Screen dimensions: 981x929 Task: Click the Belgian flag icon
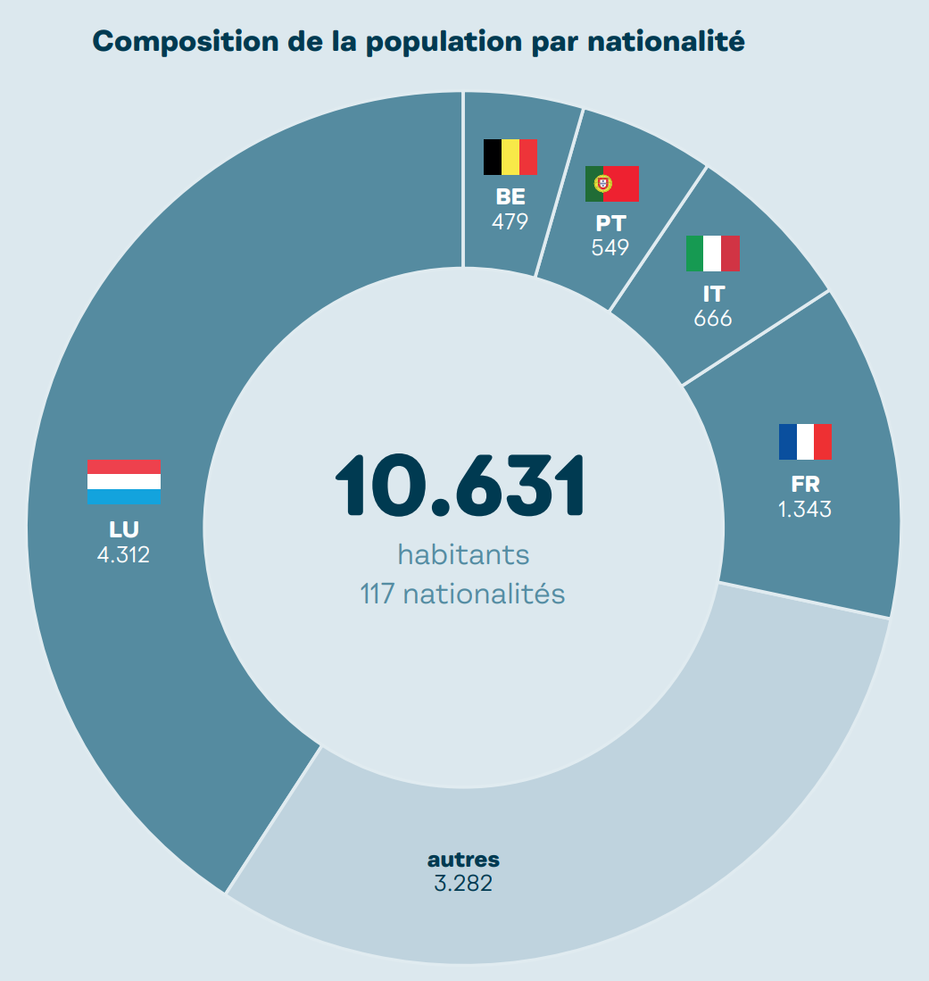coord(510,157)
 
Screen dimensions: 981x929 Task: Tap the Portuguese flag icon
coord(611,183)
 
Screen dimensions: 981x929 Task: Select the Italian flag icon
coord(713,254)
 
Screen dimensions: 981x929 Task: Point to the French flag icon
coord(805,442)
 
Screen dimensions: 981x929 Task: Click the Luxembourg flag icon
coord(123,483)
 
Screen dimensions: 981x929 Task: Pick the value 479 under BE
coord(510,221)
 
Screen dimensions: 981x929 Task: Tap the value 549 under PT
coord(610,247)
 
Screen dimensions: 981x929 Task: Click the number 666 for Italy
coord(713,318)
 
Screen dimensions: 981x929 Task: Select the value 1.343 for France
coord(805,510)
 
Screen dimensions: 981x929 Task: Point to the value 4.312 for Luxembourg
coord(123,554)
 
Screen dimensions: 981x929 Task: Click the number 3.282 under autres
coord(463,884)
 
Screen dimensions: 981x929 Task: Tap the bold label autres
coord(463,860)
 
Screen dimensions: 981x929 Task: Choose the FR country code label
coord(805,485)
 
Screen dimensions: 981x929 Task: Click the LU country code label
coord(123,530)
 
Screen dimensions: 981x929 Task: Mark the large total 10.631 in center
coord(460,486)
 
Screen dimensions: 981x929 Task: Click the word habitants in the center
coord(463,554)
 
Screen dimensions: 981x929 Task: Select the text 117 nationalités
coord(462,594)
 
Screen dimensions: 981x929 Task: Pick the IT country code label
coord(713,294)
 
